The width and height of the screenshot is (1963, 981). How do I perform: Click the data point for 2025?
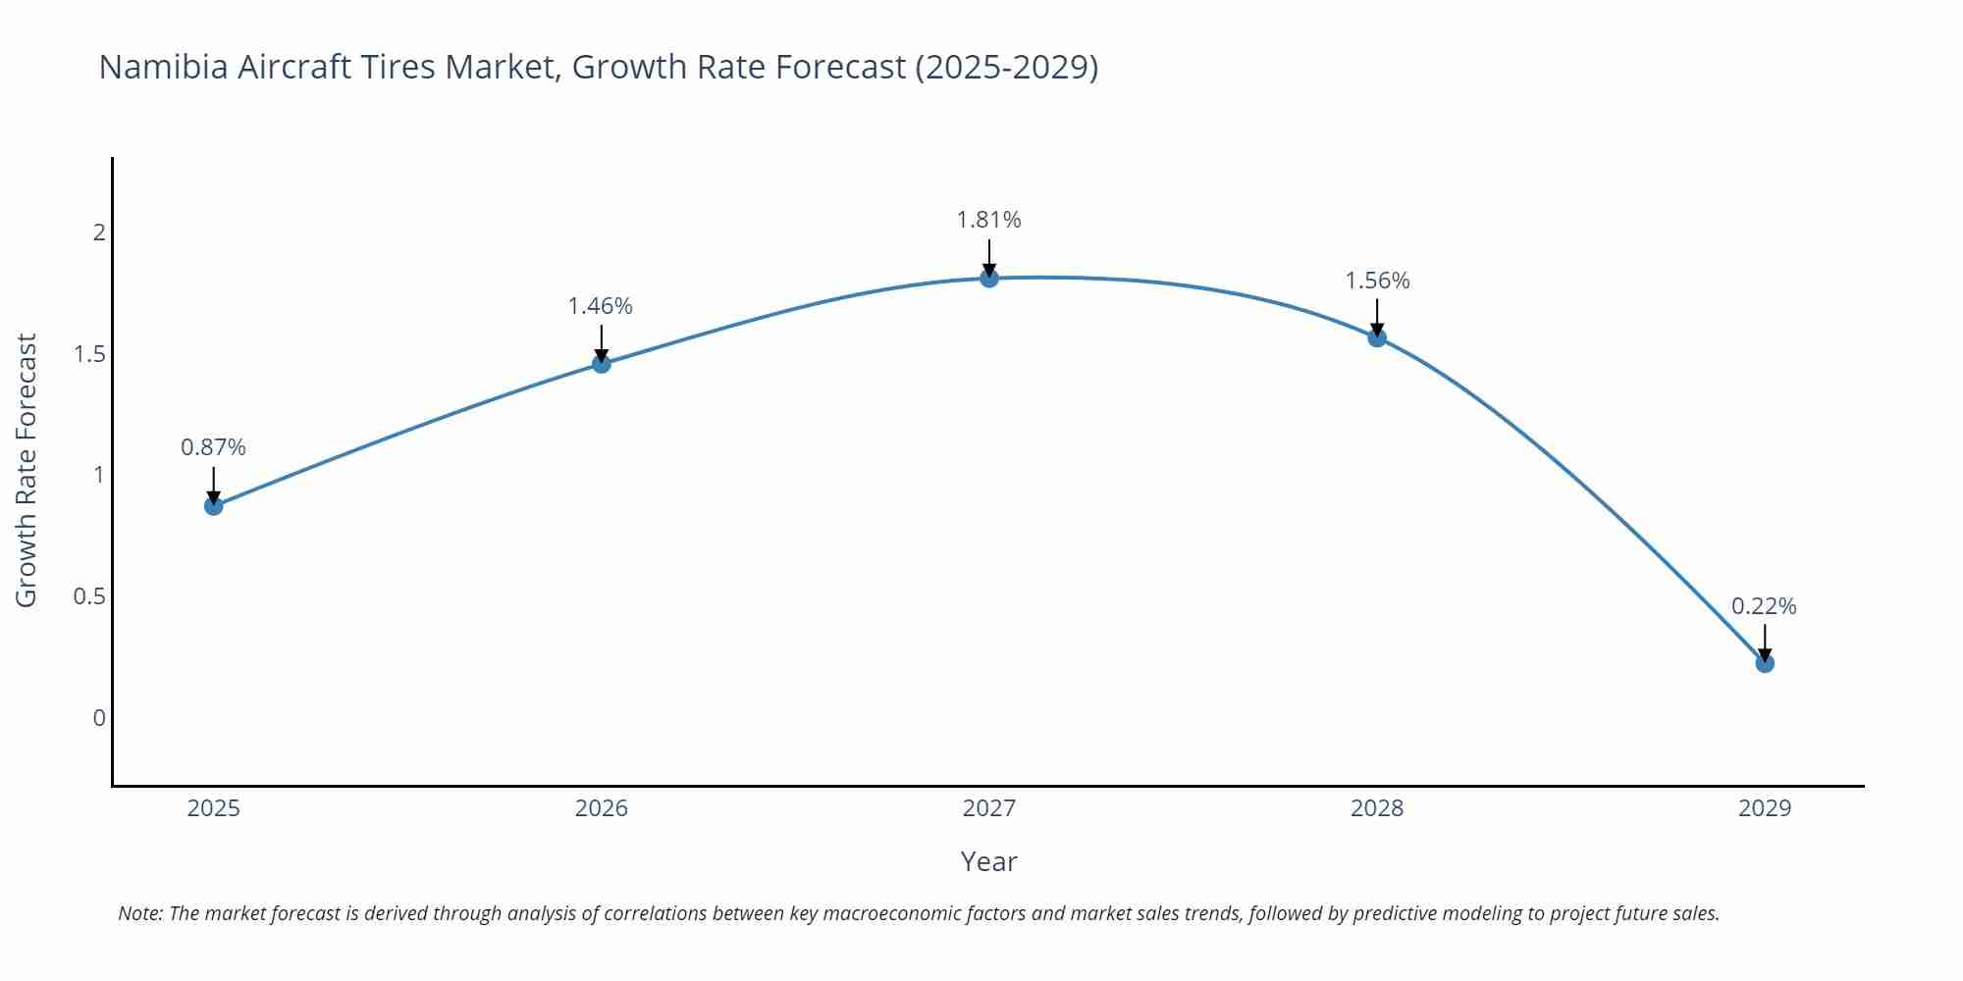pos(213,506)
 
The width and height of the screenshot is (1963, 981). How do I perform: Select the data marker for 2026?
pos(602,364)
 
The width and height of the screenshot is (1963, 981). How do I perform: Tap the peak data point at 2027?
pos(989,279)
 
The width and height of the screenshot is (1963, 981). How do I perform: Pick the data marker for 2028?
pos(1377,337)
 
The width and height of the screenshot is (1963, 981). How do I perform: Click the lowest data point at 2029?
pos(1765,663)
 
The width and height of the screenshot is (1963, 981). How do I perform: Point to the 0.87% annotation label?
pos(213,447)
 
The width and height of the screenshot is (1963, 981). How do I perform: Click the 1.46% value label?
pos(601,306)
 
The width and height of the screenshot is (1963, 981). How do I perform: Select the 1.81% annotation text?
pos(989,220)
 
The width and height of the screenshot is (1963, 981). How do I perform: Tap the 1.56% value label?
pos(1377,281)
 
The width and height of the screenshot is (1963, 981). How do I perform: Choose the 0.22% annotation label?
pos(1764,606)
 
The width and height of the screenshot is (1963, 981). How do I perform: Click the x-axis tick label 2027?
pos(989,808)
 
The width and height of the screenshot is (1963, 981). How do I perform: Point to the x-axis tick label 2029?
pos(1765,808)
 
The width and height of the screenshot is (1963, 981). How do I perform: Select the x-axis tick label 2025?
pos(213,808)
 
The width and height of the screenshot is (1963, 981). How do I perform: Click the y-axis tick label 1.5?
pos(89,354)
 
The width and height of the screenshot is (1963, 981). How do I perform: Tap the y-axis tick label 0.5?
pos(89,596)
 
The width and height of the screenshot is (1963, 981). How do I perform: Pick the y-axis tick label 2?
pos(99,232)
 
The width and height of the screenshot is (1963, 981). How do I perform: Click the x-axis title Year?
pos(989,861)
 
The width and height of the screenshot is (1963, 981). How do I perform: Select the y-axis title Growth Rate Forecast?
pos(27,471)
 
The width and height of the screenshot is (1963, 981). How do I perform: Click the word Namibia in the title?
pos(163,67)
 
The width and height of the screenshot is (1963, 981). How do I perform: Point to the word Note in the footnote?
pos(139,913)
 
